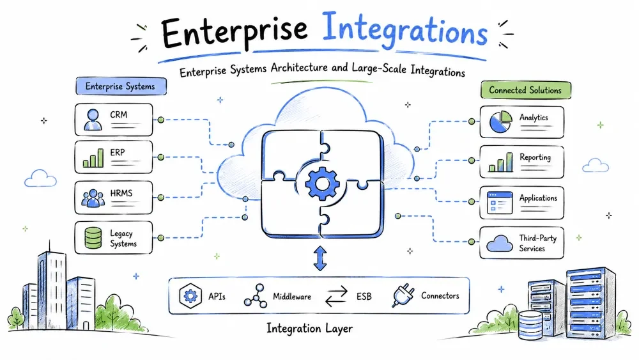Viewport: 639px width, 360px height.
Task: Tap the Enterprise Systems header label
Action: click(x=121, y=86)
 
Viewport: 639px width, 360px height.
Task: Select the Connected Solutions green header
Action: click(x=526, y=90)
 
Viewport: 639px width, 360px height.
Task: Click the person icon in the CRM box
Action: click(x=93, y=120)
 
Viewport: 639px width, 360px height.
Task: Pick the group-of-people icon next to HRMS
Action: click(x=93, y=198)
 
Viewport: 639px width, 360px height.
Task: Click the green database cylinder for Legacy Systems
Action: click(x=93, y=238)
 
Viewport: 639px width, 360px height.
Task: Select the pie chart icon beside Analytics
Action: click(x=500, y=121)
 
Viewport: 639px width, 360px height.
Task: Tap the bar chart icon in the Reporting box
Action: click(x=501, y=162)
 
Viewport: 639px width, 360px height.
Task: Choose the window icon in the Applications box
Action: click(x=500, y=203)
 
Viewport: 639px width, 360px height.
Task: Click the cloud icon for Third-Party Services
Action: click(x=500, y=244)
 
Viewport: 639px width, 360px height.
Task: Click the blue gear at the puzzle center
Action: click(x=322, y=184)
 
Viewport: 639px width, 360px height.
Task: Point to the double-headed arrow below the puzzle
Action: click(x=320, y=258)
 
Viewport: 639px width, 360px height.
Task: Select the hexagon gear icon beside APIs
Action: click(x=190, y=295)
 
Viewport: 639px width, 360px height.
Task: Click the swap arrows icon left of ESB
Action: click(x=337, y=297)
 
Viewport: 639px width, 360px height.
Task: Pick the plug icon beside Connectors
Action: click(x=403, y=295)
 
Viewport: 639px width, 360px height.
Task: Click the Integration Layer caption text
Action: click(x=310, y=328)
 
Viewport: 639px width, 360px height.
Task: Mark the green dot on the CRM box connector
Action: click(x=161, y=120)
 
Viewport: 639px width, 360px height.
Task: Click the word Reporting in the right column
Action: click(x=535, y=157)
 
